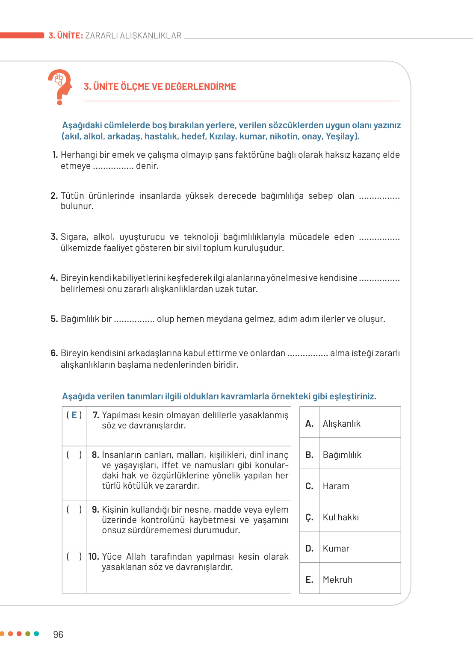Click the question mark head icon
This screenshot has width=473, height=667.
point(60,87)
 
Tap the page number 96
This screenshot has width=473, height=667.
point(58,635)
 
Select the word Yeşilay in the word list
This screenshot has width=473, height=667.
point(341,136)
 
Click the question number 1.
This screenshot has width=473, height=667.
point(55,155)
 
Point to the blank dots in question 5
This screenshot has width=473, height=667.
point(134,319)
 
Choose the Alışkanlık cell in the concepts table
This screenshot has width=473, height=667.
point(341,424)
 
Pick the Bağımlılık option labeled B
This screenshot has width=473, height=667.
point(342,455)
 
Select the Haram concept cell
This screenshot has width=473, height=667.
point(336,486)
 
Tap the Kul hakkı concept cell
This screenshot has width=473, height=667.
point(340,517)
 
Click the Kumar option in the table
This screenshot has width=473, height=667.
point(336,549)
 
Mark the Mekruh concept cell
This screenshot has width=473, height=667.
point(337,580)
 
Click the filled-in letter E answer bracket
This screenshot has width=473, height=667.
point(74,415)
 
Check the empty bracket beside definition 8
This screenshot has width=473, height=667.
point(74,455)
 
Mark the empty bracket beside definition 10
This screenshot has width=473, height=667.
point(74,557)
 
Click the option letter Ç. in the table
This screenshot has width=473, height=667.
point(309,517)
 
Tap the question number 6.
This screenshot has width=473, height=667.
point(54,353)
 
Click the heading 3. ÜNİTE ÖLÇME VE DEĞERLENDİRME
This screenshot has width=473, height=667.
point(160,87)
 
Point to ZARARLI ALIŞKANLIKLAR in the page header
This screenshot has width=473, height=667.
point(133,36)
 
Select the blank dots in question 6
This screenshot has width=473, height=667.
point(307,354)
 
